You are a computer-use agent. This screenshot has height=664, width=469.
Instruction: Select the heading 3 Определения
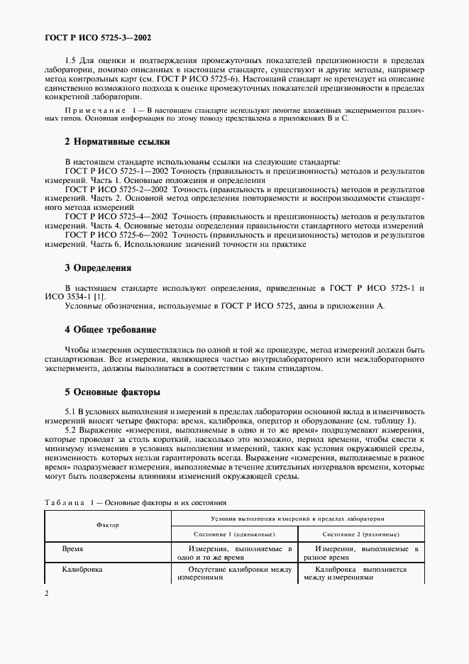coord(98,268)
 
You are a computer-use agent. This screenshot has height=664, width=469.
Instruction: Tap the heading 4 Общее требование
coord(110,330)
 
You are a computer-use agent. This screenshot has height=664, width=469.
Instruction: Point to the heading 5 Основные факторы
coord(112,392)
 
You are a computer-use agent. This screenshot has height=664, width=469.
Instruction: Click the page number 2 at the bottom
coord(47,592)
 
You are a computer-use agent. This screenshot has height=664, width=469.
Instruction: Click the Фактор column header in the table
coord(107,525)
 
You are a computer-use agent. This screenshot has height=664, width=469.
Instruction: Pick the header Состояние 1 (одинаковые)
coord(232,533)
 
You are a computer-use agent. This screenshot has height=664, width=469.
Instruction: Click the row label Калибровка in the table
coord(83,569)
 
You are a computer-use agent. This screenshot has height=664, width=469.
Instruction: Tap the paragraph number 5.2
coord(71,431)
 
